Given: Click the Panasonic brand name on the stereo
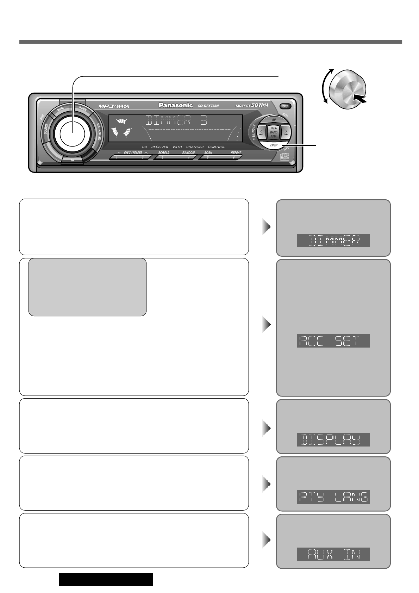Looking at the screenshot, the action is pyautogui.click(x=176, y=105).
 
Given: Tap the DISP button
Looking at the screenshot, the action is pyautogui.click(x=274, y=145).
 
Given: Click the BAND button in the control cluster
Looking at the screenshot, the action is pyautogui.click(x=274, y=132).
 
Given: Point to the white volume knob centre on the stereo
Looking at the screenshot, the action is pyautogui.click(x=73, y=132).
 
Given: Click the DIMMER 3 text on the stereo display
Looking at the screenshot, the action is pyautogui.click(x=176, y=121).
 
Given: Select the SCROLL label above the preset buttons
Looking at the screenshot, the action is pyautogui.click(x=163, y=153).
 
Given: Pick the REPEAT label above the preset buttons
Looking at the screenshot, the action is pyautogui.click(x=236, y=153).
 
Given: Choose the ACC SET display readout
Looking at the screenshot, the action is pyautogui.click(x=333, y=341).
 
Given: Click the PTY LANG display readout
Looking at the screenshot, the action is pyautogui.click(x=333, y=497).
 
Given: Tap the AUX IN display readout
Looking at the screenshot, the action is pyautogui.click(x=333, y=554).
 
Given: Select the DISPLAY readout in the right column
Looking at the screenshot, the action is pyautogui.click(x=333, y=439).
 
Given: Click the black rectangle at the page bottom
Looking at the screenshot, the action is pyautogui.click(x=106, y=579).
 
